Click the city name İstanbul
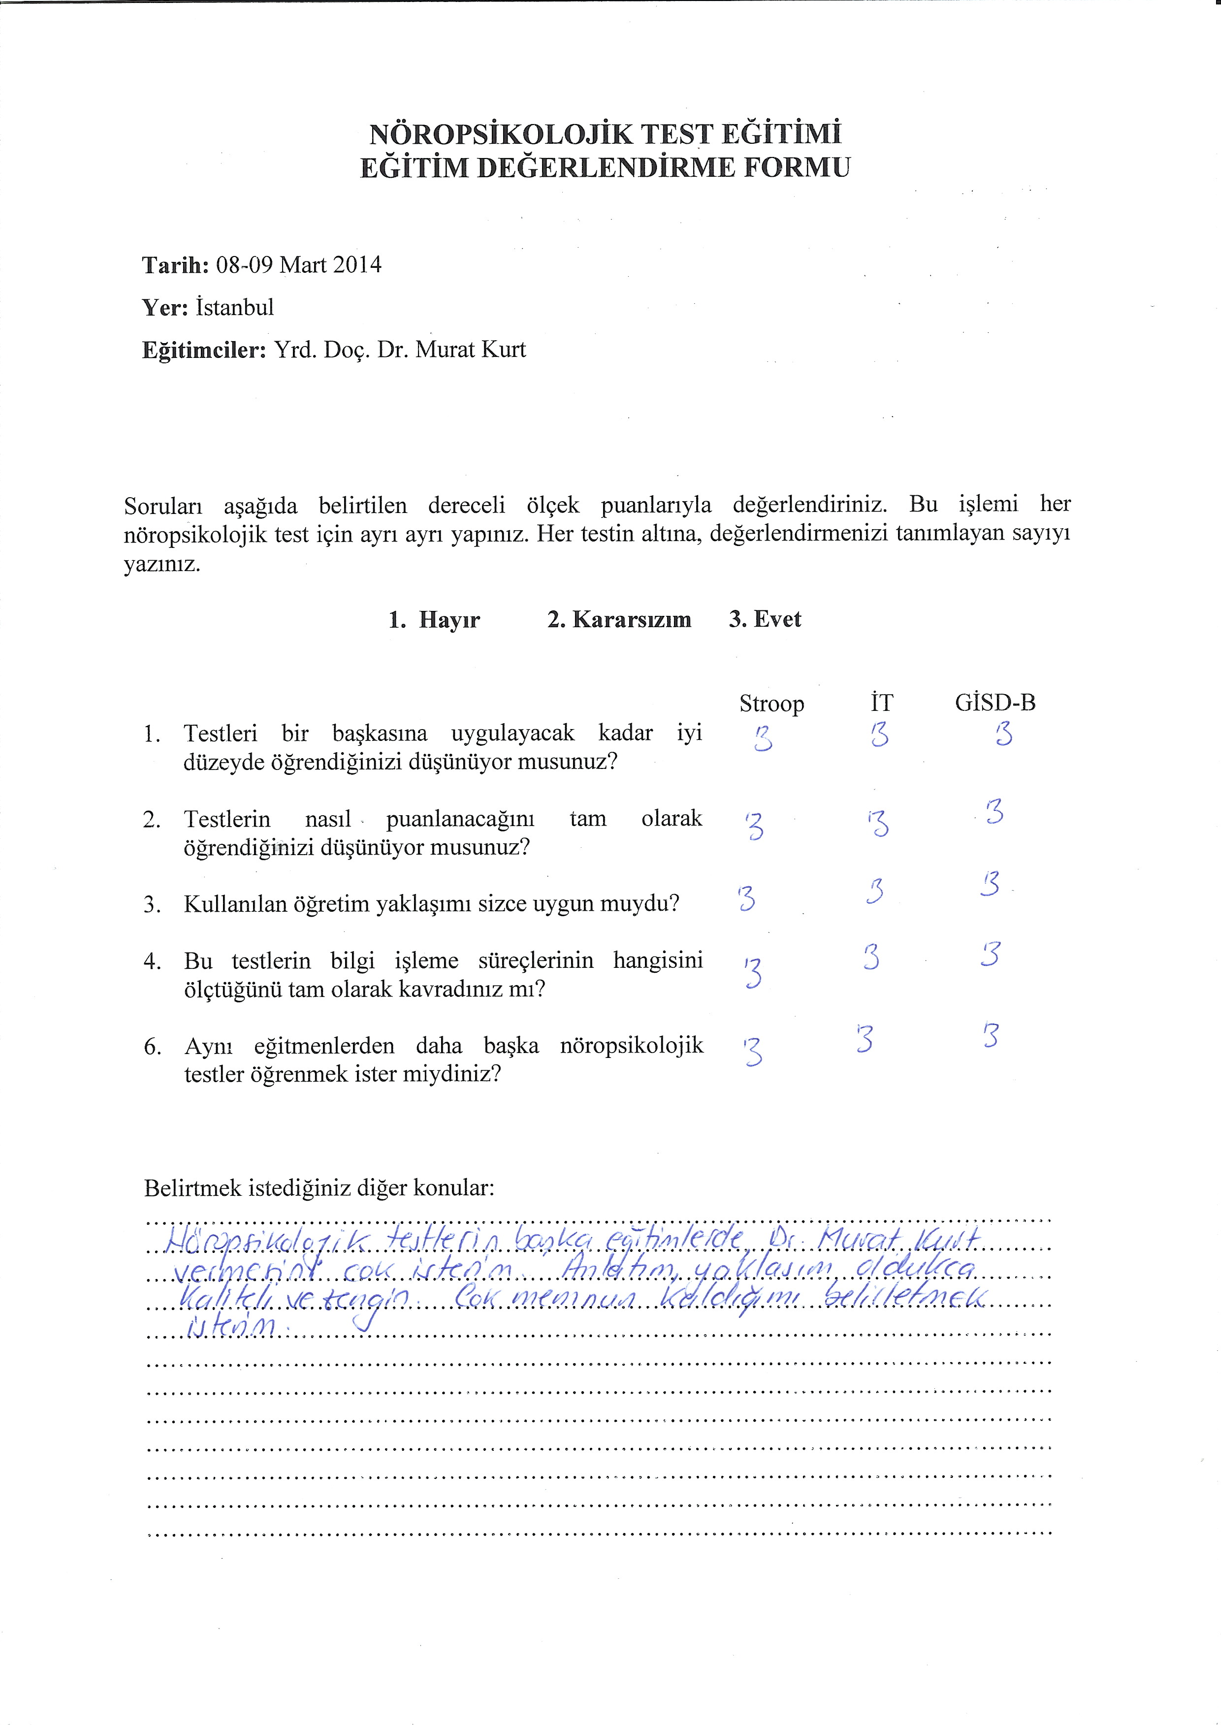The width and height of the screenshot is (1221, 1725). pos(234,307)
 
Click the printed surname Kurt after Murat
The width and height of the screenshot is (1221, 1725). pos(502,350)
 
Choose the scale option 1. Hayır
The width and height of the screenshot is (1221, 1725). pos(435,620)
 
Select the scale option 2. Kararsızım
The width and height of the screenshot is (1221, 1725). pos(619,620)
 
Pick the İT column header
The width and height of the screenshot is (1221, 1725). pos(881,703)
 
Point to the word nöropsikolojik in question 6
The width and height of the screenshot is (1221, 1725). pos(632,1046)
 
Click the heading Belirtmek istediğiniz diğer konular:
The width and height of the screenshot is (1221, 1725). pos(320,1188)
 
